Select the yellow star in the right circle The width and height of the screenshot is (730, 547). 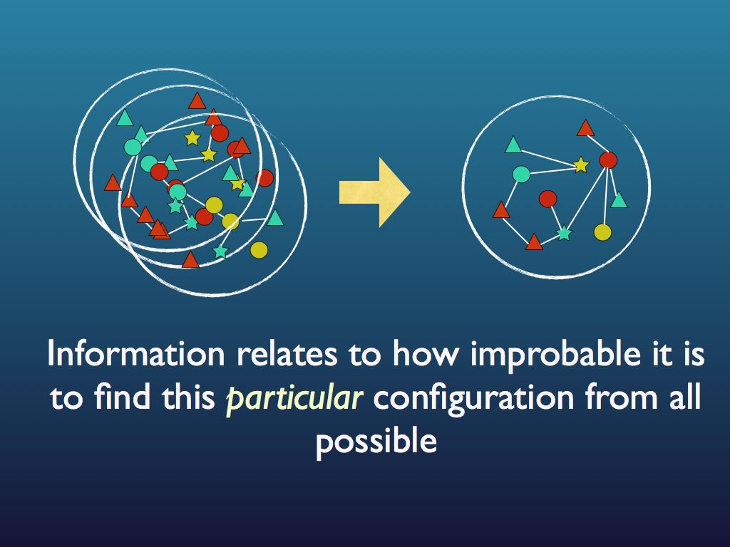(x=581, y=165)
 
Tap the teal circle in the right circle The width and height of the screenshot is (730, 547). (x=521, y=174)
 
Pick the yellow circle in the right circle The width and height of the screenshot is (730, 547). (x=602, y=231)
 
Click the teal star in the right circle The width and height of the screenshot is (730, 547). (x=564, y=233)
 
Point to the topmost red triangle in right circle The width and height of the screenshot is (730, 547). (x=585, y=128)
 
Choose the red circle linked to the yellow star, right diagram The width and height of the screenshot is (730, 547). (x=608, y=160)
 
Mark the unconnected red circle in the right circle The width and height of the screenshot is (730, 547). (x=547, y=199)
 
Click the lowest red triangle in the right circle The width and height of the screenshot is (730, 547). (x=534, y=243)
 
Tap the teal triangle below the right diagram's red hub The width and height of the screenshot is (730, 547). (x=619, y=201)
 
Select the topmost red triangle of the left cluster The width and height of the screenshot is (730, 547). (x=197, y=101)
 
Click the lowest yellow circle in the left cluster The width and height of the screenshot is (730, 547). (x=259, y=250)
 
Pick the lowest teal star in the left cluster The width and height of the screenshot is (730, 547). (x=220, y=251)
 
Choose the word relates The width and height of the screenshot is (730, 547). (x=272, y=355)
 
